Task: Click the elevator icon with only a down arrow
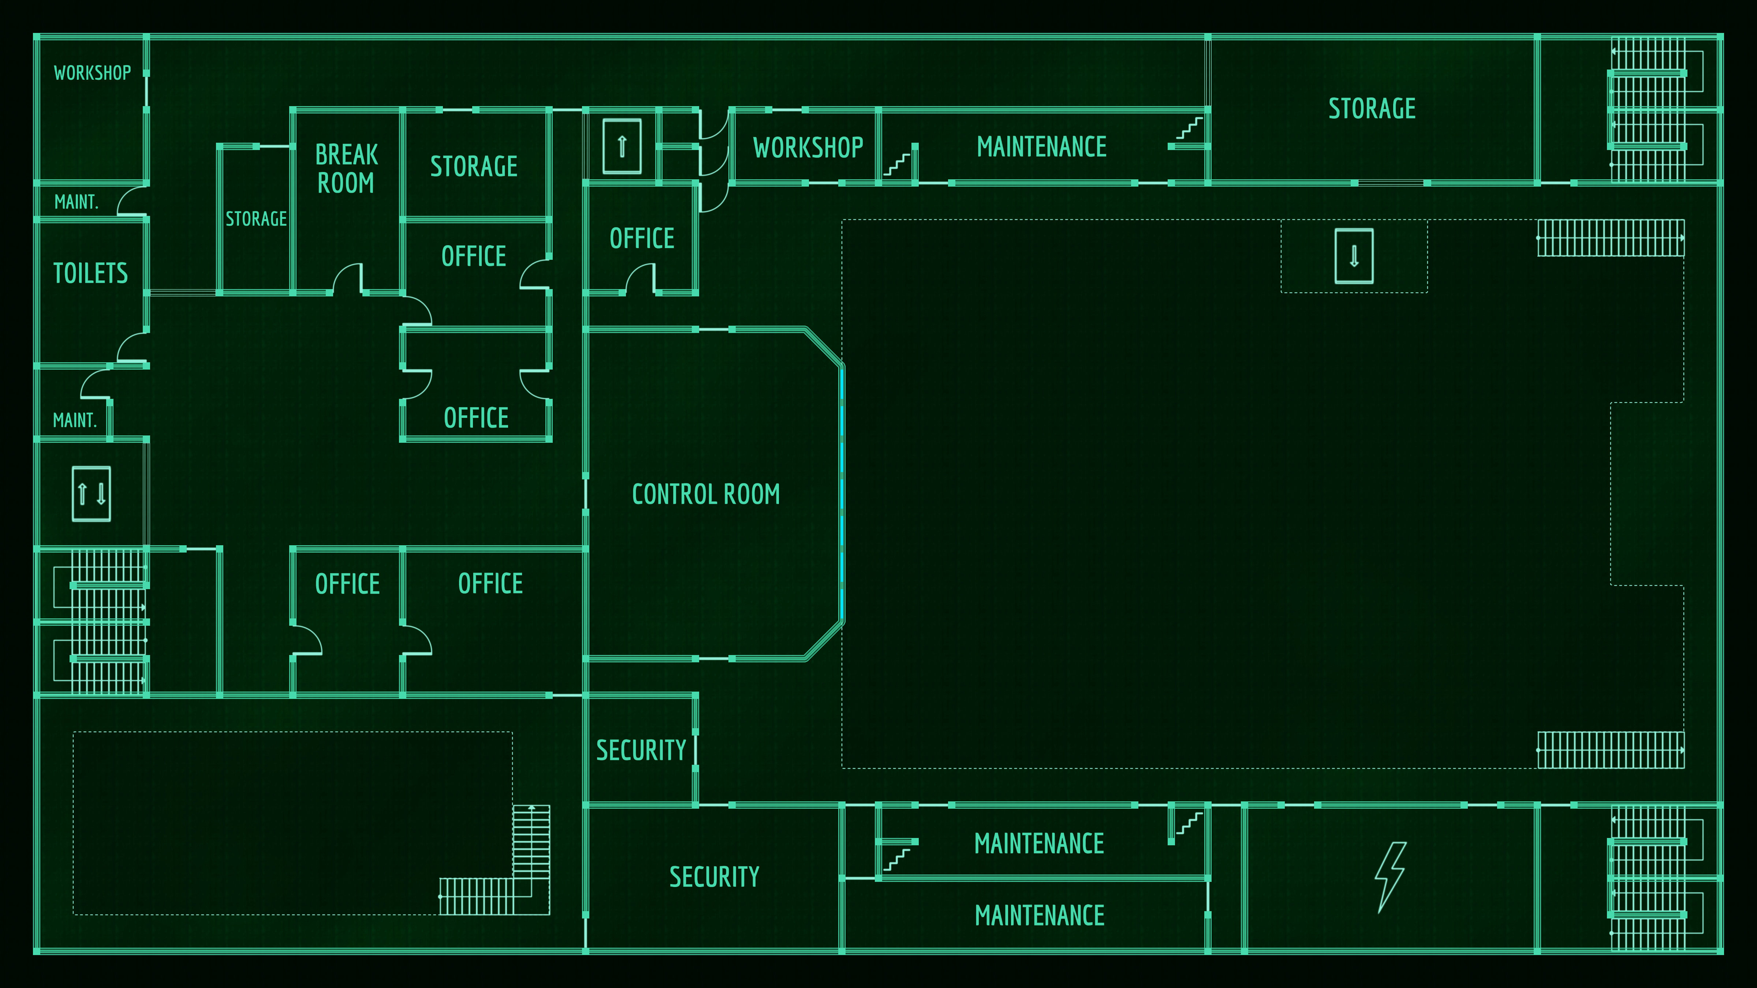(1354, 257)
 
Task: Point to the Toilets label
(91, 273)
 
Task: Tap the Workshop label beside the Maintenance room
(808, 147)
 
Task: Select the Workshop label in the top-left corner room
(92, 73)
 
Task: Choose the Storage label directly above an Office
(473, 166)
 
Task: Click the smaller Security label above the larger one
(641, 750)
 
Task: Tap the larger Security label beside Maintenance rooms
(714, 877)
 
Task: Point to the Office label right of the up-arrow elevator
(642, 238)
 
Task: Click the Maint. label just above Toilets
(77, 202)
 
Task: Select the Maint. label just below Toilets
(75, 420)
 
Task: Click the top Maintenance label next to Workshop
(1041, 147)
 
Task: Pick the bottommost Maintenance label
(1040, 915)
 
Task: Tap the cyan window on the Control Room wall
(842, 494)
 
